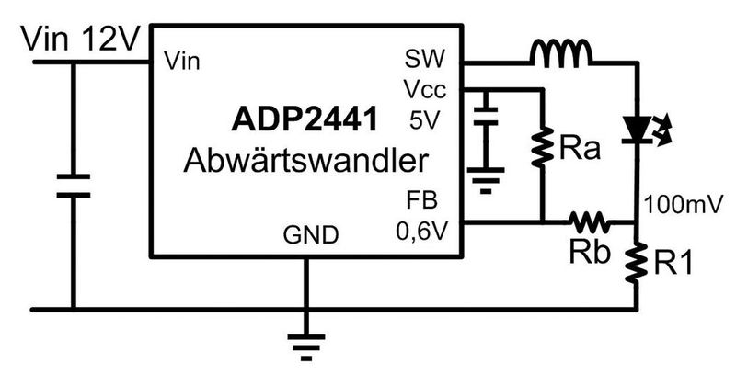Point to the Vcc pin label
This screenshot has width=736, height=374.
click(x=422, y=90)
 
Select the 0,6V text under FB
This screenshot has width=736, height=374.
click(x=419, y=231)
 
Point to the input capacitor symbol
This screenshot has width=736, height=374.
click(x=72, y=183)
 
